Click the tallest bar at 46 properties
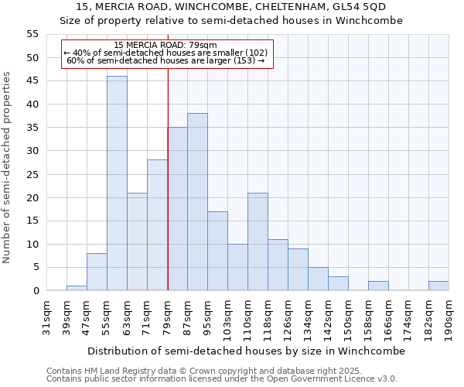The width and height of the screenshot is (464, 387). pos(117,183)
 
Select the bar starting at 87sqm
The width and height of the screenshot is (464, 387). pos(197,202)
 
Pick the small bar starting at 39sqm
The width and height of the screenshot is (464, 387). pos(77,288)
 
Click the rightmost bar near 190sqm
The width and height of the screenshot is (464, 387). pos(438,286)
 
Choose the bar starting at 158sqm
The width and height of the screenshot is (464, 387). pos(378,286)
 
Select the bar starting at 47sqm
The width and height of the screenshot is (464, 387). pos(97,272)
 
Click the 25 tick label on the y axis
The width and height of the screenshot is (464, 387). pos(32,174)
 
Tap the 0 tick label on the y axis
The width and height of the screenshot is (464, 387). pos(35,291)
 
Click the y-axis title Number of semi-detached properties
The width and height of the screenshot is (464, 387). pos(7,167)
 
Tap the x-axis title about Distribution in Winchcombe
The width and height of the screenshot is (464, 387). pos(246,351)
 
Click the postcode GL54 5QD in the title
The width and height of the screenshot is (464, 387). pos(357,7)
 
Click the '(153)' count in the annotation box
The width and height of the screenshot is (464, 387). pos(244,60)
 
